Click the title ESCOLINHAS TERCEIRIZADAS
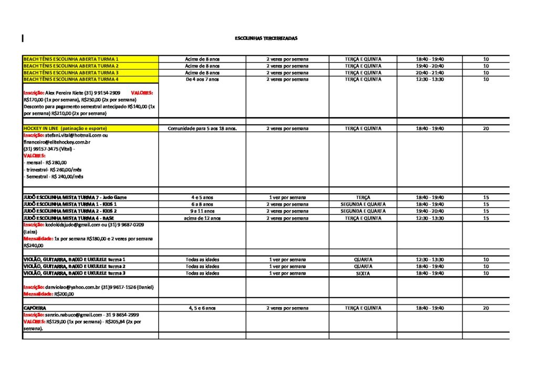266,38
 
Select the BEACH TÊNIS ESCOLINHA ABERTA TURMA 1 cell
71,59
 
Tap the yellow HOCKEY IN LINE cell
65,128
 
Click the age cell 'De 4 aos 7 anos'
202,79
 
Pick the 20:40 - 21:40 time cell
430,72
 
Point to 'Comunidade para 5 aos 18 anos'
202,128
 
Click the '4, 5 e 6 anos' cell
202,308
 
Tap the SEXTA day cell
363,273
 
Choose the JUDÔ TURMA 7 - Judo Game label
75,197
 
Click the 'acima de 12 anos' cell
202,218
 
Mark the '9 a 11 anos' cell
202,211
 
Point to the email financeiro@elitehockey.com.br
57,142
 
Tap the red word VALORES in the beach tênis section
142,92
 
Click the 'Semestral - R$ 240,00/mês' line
54,177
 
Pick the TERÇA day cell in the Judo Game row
363,197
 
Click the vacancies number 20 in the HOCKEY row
486,128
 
